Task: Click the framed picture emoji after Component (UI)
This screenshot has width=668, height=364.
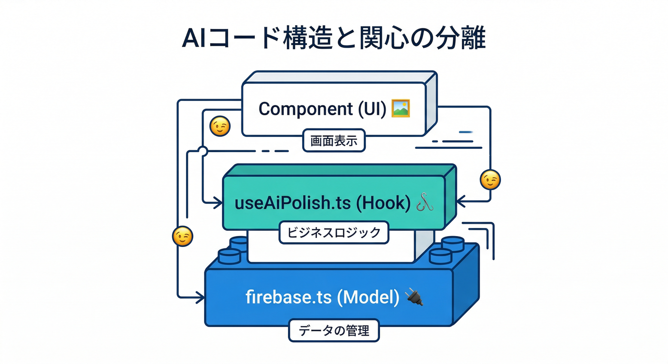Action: [400, 109]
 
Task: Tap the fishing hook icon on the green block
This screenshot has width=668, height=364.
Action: [424, 203]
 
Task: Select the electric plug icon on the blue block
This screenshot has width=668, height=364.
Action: [414, 298]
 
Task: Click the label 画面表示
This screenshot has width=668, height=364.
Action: [334, 141]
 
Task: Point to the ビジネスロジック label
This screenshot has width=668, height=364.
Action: [334, 232]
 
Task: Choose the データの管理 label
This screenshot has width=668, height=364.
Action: [334, 331]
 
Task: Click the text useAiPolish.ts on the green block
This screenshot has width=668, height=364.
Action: [293, 203]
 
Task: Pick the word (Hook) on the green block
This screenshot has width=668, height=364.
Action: [382, 203]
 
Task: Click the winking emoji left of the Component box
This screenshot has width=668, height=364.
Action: [220, 127]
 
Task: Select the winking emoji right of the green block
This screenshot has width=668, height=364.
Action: [490, 180]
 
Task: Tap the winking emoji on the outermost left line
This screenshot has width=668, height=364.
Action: [183, 237]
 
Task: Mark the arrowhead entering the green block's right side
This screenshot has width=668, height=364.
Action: [460, 203]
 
